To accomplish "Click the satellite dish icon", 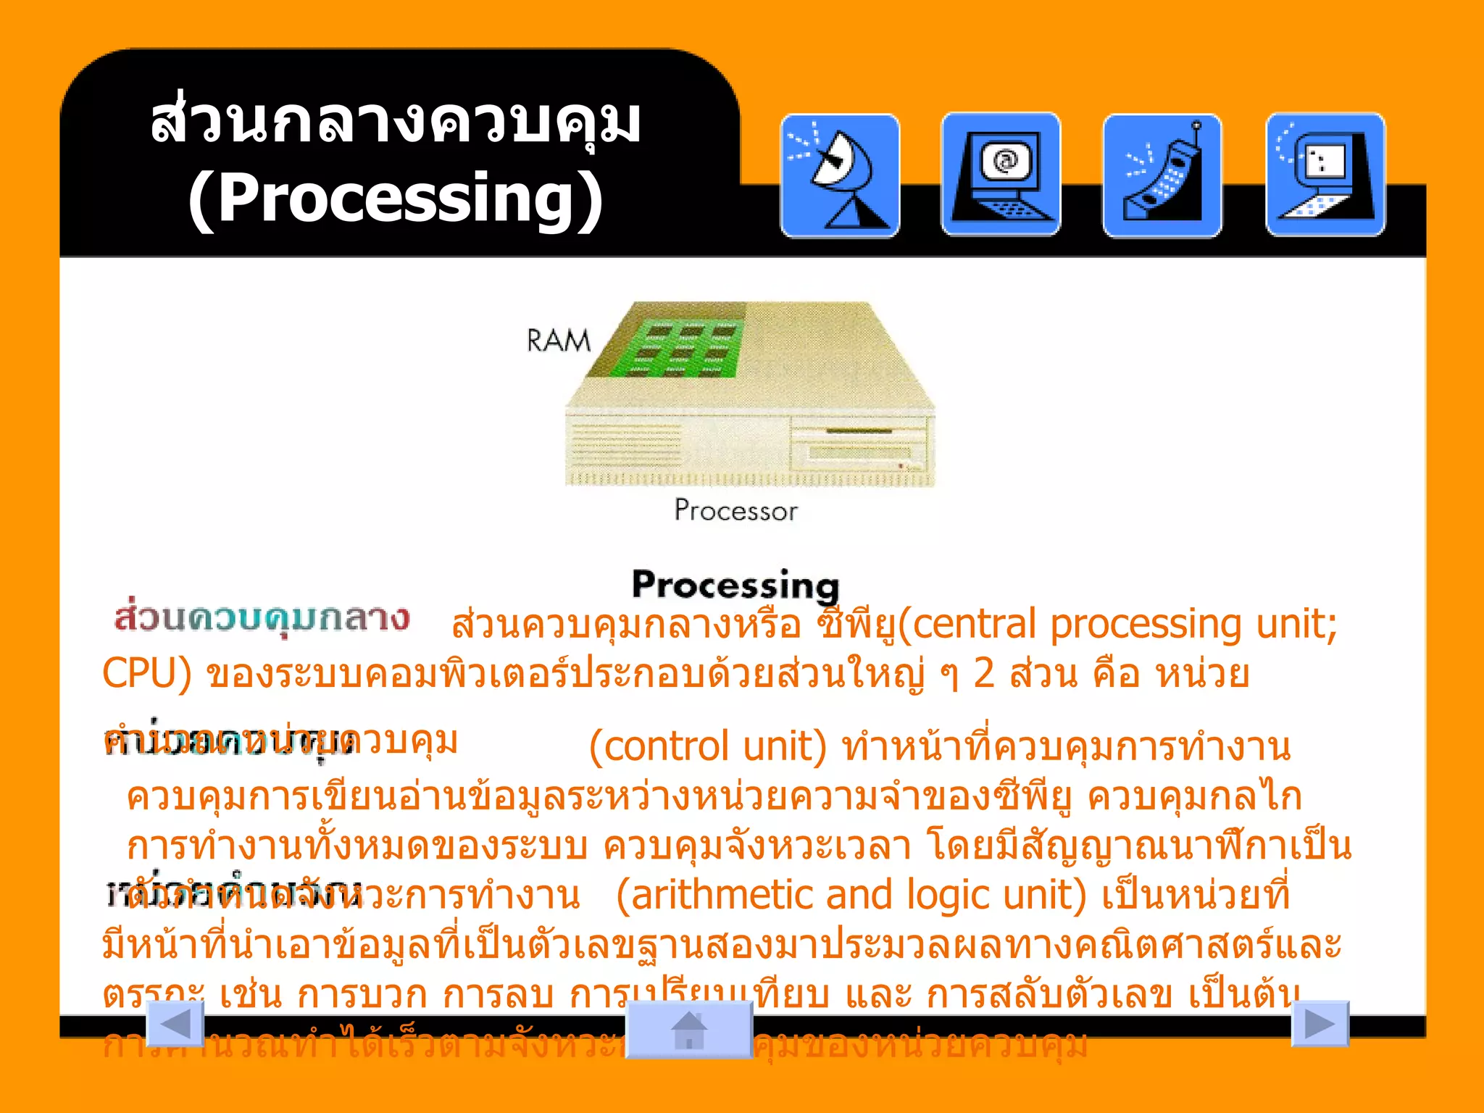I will (x=840, y=175).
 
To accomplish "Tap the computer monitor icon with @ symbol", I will (x=1001, y=175).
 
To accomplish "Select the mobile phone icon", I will (x=1162, y=175).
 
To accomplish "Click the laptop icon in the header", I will (x=1325, y=175).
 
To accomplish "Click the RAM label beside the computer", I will (x=559, y=341).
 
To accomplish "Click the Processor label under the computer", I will (x=735, y=511).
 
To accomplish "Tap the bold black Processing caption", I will (x=735, y=585).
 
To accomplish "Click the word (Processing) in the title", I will (x=396, y=199).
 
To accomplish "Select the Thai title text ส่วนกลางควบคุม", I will (x=396, y=122).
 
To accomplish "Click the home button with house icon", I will (x=689, y=1030).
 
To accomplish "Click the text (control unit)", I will (x=707, y=746).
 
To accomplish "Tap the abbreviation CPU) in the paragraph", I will (x=147, y=674).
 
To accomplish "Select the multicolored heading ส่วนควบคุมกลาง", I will (x=262, y=618).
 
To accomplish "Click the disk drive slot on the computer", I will (x=859, y=433).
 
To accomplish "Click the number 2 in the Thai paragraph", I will (x=983, y=674).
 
